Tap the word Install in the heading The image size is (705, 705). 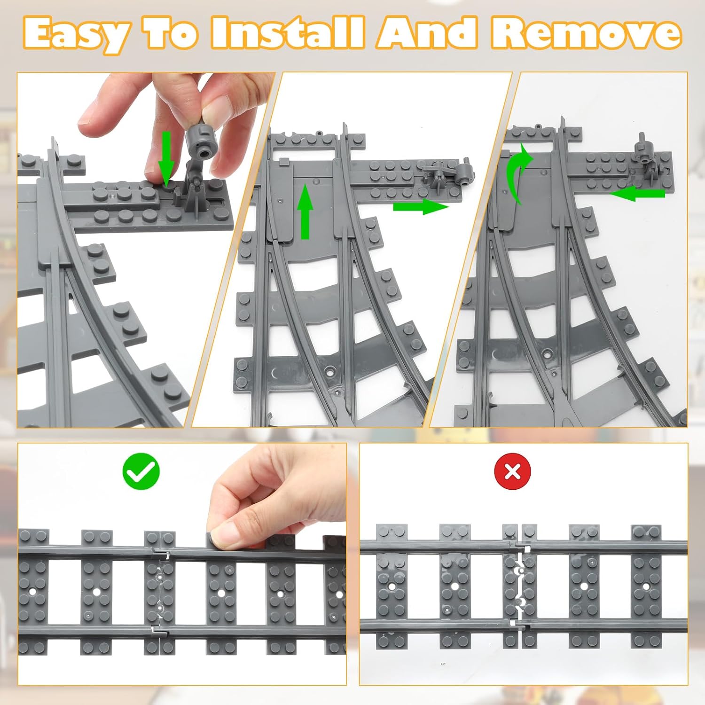[x=287, y=32]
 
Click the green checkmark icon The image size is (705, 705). [x=141, y=471]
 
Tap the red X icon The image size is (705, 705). [x=513, y=471]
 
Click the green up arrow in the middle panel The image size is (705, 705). [x=305, y=211]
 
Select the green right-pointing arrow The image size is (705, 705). [x=421, y=206]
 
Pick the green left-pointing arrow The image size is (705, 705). [x=637, y=193]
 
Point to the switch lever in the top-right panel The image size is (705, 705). [x=644, y=153]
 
